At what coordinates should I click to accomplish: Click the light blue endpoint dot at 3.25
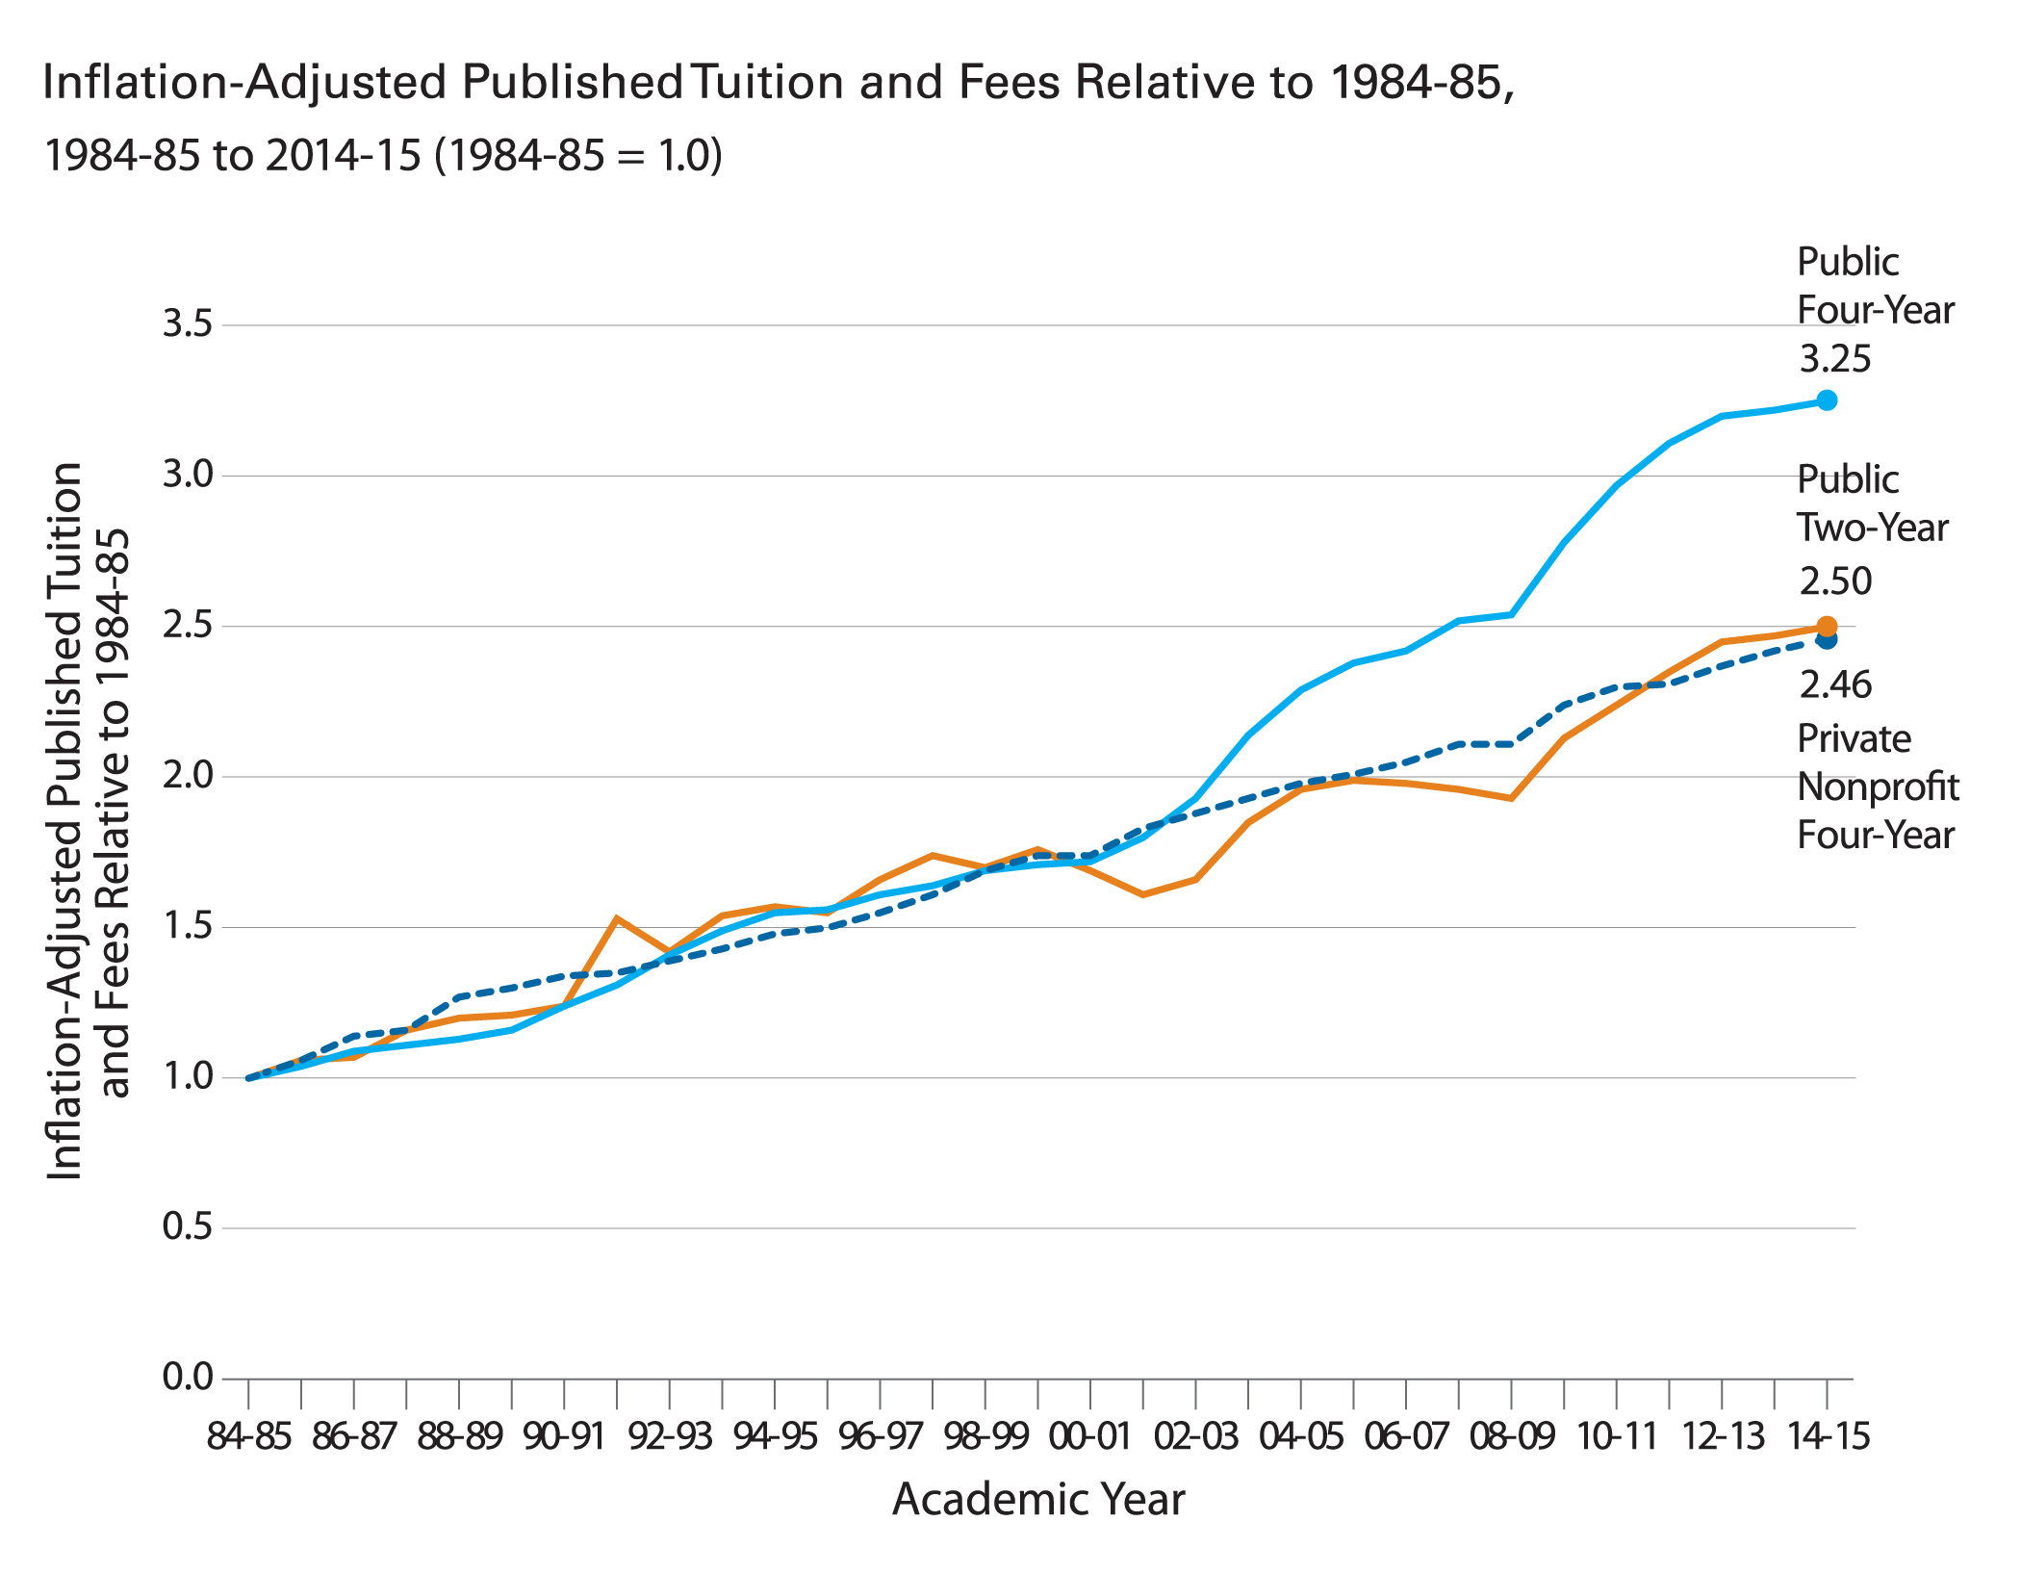[x=1826, y=400]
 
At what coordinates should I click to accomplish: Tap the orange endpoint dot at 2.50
[x=1826, y=626]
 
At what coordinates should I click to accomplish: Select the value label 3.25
[x=1834, y=359]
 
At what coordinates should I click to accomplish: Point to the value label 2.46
[x=1835, y=685]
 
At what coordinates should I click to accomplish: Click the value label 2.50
[x=1835, y=581]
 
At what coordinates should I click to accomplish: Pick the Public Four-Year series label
[x=1874, y=286]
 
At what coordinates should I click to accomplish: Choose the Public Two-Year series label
[x=1872, y=503]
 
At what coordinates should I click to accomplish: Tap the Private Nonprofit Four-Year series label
[x=1877, y=786]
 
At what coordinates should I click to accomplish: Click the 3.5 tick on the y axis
[x=187, y=324]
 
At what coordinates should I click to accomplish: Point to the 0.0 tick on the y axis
[x=187, y=1377]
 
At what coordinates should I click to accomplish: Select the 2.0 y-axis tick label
[x=187, y=775]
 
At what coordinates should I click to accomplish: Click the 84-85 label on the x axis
[x=248, y=1436]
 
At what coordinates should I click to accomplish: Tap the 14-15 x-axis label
[x=1827, y=1436]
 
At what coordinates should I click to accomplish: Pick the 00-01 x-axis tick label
[x=1089, y=1436]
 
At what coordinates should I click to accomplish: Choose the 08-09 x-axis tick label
[x=1511, y=1436]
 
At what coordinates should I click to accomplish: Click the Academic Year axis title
[x=1038, y=1499]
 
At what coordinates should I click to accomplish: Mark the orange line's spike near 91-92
[x=616, y=917]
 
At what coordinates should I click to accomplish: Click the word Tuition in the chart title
[x=768, y=83]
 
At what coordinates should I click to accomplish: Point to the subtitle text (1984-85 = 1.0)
[x=577, y=155]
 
